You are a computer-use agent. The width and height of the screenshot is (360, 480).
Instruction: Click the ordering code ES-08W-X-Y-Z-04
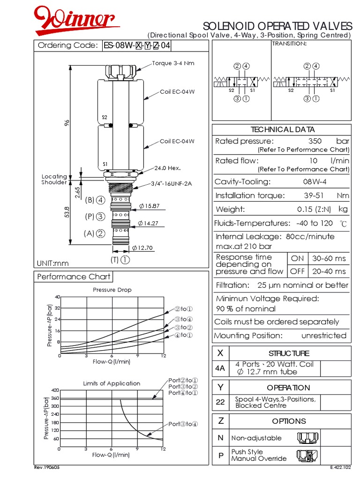coord(137,45)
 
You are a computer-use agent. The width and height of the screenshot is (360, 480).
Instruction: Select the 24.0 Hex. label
coord(167,168)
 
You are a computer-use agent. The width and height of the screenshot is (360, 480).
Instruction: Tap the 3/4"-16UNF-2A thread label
coord(172,184)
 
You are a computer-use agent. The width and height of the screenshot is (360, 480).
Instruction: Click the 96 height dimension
coord(67,123)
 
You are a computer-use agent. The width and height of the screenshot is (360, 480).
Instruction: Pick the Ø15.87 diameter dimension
coord(150,206)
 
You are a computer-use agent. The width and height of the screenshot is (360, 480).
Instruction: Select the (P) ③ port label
coord(95,217)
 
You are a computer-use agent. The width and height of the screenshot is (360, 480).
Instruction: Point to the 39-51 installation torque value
coord(314,195)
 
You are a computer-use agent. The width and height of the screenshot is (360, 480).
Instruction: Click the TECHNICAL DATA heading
coord(283,129)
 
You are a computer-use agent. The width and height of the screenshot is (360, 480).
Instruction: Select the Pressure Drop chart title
coord(112,290)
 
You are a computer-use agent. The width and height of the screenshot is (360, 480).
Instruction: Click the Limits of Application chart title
coord(112,383)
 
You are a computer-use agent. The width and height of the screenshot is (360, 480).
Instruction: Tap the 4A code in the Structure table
coord(220,368)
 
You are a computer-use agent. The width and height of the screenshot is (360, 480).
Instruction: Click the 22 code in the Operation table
coord(220,402)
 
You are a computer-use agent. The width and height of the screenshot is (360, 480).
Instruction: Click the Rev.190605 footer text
coord(47,467)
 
